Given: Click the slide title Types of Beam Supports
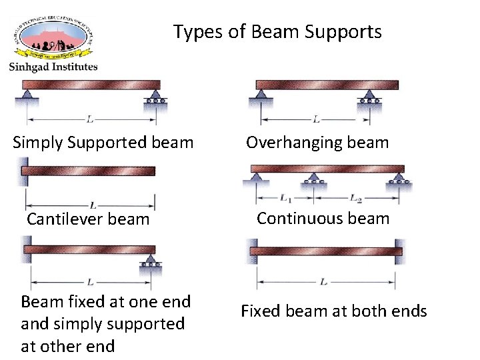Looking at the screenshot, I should coord(277,32).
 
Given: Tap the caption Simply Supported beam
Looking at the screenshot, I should coord(103,142).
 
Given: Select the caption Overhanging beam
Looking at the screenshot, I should coord(317,142).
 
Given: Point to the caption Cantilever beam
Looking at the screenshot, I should coord(88,219).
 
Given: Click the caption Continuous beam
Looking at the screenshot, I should coord(323,218).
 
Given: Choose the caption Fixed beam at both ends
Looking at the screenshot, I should coord(333,311).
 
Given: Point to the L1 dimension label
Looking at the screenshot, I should coord(286,198).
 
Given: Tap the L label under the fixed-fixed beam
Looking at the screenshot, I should coord(323,282).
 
